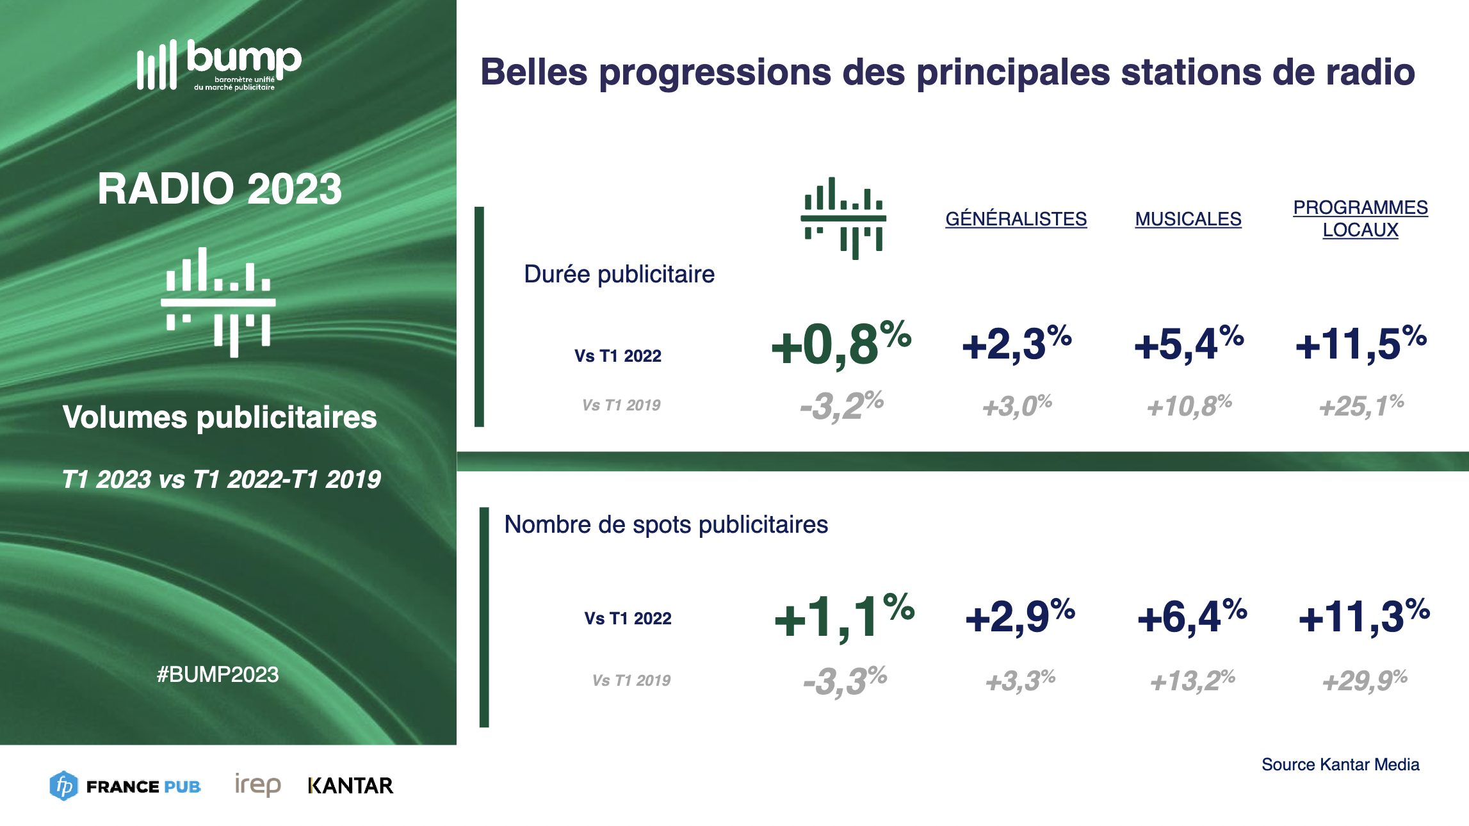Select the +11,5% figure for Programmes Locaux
pyautogui.click(x=1361, y=344)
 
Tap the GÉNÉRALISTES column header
pyautogui.click(x=1016, y=219)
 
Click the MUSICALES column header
pyautogui.click(x=1188, y=219)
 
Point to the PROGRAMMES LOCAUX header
pyautogui.click(x=1360, y=218)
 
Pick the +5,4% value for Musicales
pyautogui.click(x=1189, y=344)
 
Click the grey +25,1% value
pyautogui.click(x=1361, y=406)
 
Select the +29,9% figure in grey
pyautogui.click(x=1365, y=681)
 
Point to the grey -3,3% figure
pyautogui.click(x=845, y=681)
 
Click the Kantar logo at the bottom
pyautogui.click(x=350, y=786)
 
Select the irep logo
pyautogui.click(x=257, y=785)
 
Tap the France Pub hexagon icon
pyautogui.click(x=63, y=786)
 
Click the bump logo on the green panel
pyautogui.click(x=219, y=65)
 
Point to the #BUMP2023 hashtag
pyautogui.click(x=218, y=674)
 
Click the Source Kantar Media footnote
pyautogui.click(x=1340, y=765)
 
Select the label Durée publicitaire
pyautogui.click(x=619, y=274)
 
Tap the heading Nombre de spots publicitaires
pyautogui.click(x=666, y=524)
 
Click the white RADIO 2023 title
pyautogui.click(x=220, y=189)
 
